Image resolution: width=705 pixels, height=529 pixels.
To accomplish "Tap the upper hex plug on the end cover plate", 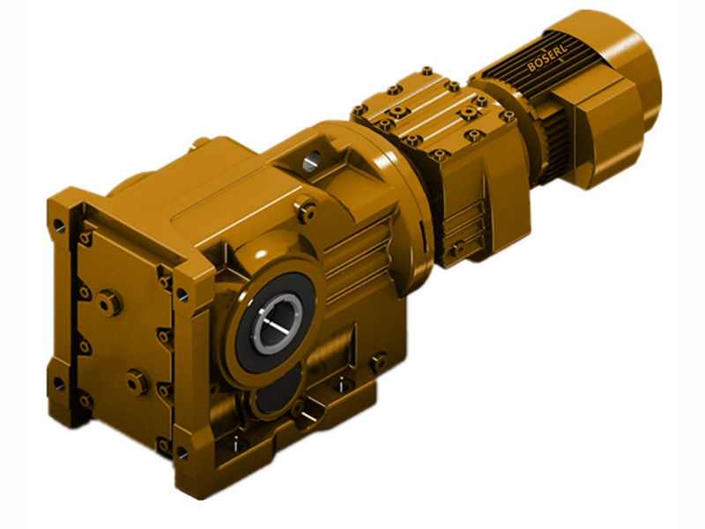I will [108, 302].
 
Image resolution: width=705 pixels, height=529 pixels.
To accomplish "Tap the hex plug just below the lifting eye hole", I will [308, 209].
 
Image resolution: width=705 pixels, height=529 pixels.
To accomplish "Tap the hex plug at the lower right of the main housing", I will [378, 361].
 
